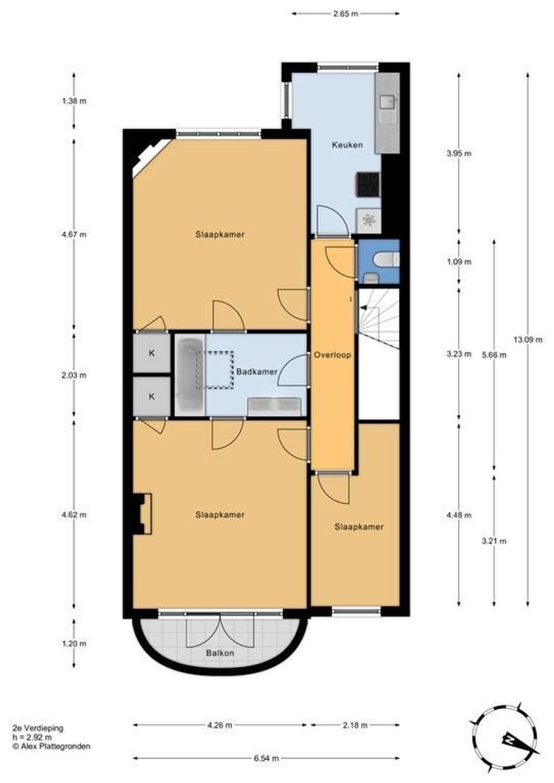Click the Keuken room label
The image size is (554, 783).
tap(347, 145)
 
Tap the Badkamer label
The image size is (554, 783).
tap(257, 371)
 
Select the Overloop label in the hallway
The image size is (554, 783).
tap(332, 355)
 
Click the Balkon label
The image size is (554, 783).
tap(220, 652)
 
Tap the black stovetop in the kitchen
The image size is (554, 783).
tap(368, 184)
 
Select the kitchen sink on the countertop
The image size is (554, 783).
tap(389, 102)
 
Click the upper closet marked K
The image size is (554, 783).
tap(152, 353)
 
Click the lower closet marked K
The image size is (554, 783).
tap(152, 397)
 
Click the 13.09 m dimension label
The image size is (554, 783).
tap(528, 339)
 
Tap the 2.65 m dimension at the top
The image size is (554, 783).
tap(346, 14)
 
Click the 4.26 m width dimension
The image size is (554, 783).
tap(220, 725)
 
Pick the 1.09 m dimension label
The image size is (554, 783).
tap(458, 262)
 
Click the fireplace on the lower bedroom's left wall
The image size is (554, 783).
tap(142, 514)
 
